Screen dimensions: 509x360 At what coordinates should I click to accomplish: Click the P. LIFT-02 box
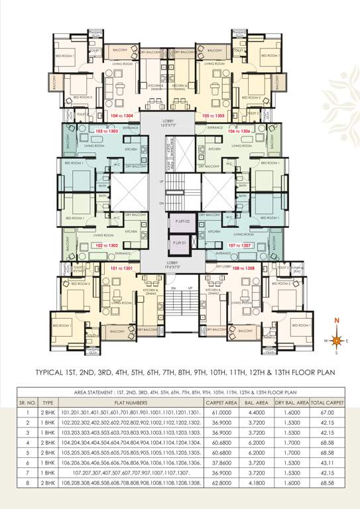[x=183, y=221]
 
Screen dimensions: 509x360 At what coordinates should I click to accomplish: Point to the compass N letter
[x=337, y=321]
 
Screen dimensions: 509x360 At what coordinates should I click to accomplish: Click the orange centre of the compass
[x=337, y=341]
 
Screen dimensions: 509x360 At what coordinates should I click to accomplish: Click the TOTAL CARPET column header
[x=326, y=402]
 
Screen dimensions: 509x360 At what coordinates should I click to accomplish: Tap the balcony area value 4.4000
[x=259, y=412]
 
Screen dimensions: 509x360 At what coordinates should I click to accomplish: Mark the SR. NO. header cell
[x=27, y=402]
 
